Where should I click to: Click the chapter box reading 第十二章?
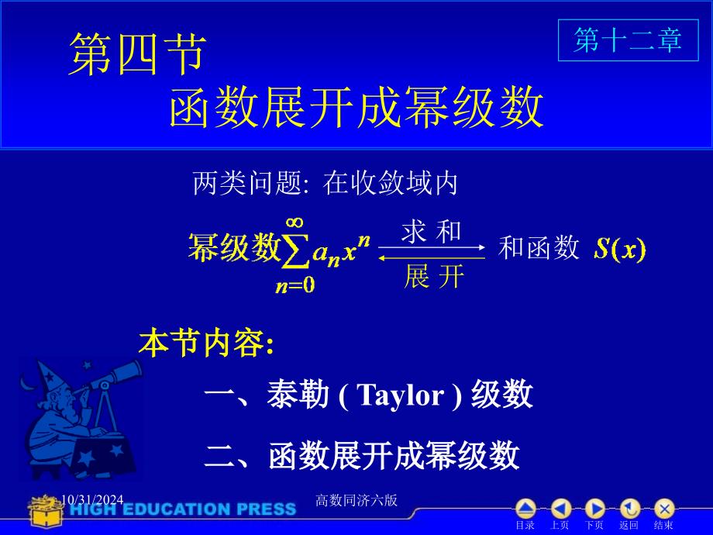click(628, 40)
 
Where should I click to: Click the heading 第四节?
click(137, 53)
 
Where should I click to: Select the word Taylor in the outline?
click(400, 395)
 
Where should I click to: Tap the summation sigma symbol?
click(295, 250)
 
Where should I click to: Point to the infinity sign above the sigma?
click(294, 223)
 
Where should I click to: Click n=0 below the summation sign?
click(295, 285)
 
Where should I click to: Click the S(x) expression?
click(620, 249)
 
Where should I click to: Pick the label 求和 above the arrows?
click(431, 231)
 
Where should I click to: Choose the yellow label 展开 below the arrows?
click(434, 276)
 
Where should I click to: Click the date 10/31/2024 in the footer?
click(92, 500)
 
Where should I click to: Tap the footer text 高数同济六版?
click(356, 500)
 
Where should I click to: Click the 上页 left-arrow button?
click(560, 509)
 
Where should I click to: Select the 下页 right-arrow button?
click(594, 509)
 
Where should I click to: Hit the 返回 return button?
click(630, 509)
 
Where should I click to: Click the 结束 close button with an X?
click(664, 509)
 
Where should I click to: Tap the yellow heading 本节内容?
click(206, 343)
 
